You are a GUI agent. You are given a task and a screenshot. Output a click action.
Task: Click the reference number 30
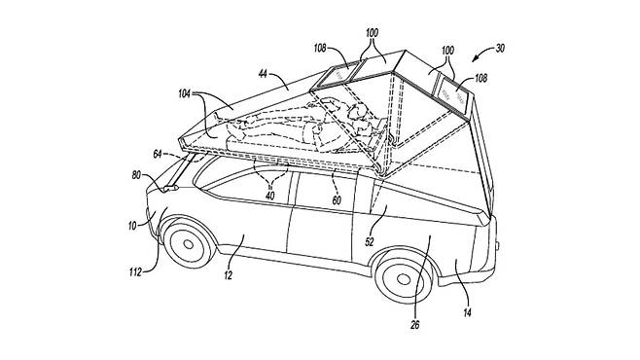click(x=500, y=49)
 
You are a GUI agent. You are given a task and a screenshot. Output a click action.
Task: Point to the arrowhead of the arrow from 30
click(x=475, y=60)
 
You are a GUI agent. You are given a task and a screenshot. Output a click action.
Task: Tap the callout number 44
click(x=263, y=74)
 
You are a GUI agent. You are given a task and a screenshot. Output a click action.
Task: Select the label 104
click(x=184, y=93)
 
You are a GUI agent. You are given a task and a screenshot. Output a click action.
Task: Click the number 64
click(x=158, y=155)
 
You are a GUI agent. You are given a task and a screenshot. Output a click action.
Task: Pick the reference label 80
click(x=136, y=175)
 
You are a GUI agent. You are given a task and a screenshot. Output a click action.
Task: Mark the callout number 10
click(x=132, y=226)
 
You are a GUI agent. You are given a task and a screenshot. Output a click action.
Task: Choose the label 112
click(x=135, y=271)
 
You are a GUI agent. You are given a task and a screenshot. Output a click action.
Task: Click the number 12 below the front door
click(x=228, y=275)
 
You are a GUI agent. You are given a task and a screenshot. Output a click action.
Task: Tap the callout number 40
click(x=269, y=196)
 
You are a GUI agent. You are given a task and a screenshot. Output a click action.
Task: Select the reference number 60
click(x=337, y=200)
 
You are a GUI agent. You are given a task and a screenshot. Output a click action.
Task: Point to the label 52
click(x=369, y=241)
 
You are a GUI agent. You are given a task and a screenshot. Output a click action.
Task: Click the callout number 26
click(x=415, y=325)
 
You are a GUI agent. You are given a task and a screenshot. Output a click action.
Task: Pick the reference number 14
click(x=467, y=312)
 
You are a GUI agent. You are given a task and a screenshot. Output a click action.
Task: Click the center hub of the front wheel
click(x=188, y=244)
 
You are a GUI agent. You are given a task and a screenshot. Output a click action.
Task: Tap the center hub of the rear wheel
click(x=404, y=279)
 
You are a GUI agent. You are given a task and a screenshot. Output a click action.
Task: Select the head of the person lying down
click(x=356, y=111)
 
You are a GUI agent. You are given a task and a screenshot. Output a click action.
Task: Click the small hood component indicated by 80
click(x=170, y=188)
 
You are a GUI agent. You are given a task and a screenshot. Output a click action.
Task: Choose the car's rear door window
click(x=325, y=191)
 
